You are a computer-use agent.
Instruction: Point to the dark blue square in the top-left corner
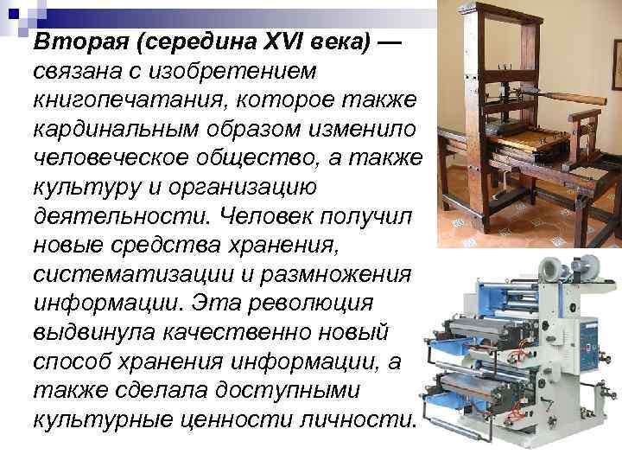(x=11, y=10)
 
